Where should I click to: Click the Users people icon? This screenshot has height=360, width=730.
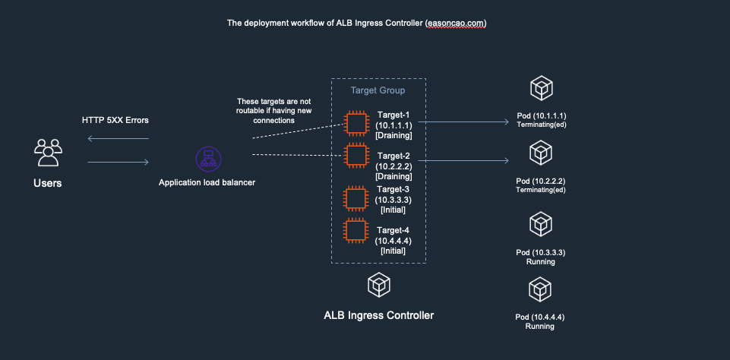point(47,152)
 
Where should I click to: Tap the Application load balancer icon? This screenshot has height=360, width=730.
point(206,159)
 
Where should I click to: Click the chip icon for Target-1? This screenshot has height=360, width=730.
point(355,124)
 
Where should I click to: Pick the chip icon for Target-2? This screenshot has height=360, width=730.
point(355,156)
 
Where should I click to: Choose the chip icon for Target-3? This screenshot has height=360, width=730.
point(355,198)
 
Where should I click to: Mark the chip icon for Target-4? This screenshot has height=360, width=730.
point(355,231)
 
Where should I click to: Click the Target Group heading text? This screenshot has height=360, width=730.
point(378,90)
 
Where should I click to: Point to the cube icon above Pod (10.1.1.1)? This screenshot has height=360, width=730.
point(540,88)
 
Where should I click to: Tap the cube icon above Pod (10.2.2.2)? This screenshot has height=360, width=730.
point(540,155)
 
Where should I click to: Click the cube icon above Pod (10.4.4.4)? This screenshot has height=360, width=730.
point(540,289)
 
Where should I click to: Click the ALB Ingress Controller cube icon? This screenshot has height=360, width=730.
point(378,286)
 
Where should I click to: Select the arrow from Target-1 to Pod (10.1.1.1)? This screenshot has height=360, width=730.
point(463,122)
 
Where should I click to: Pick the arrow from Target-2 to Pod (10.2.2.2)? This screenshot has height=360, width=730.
point(463,160)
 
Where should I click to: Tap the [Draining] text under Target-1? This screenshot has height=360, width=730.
point(394,135)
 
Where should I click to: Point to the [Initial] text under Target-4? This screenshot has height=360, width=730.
point(393,251)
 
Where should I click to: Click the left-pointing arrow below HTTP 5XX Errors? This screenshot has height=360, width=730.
point(119,138)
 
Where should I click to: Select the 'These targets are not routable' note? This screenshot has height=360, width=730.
point(273,110)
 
